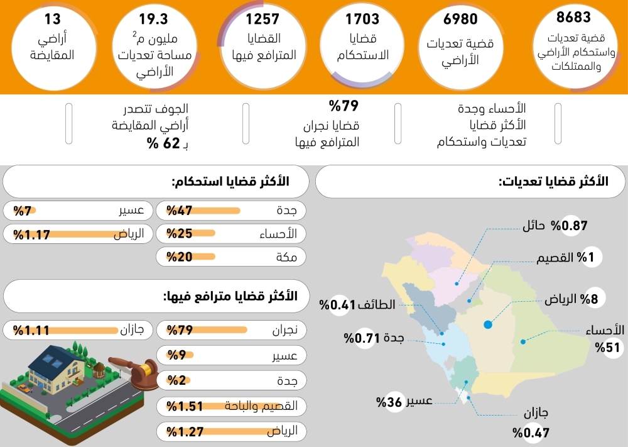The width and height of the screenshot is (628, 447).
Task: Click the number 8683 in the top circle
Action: [x=573, y=18]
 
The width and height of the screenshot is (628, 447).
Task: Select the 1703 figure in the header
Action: [x=362, y=19]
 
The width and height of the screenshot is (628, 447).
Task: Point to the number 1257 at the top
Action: [x=263, y=19]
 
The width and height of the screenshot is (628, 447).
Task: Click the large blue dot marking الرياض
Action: [x=487, y=324]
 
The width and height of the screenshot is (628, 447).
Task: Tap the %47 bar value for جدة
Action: [x=179, y=211]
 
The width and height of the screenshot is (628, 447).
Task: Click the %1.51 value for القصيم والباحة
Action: [x=185, y=406]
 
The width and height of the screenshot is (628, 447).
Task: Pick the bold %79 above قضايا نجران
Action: [x=344, y=106]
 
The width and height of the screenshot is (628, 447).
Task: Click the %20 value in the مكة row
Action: [x=179, y=257]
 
